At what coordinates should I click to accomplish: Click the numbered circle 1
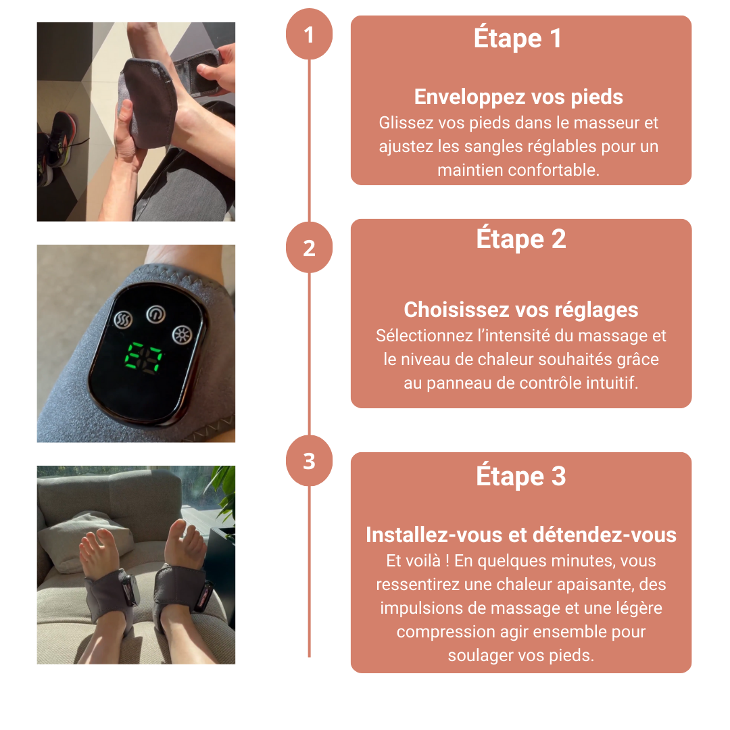309,35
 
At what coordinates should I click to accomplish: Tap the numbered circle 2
309,247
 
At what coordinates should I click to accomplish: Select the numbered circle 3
309,461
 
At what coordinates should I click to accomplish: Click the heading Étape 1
518,37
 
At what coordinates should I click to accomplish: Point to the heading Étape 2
521,239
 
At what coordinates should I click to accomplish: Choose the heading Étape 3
521,475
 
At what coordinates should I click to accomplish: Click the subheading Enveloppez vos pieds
518,97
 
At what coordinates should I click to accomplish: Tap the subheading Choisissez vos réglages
521,310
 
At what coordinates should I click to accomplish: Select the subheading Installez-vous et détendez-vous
521,535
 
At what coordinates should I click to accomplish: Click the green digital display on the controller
143,357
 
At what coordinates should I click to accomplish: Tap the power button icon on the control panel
155,314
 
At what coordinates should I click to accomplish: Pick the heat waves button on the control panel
123,319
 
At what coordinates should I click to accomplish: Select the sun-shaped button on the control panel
182,335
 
